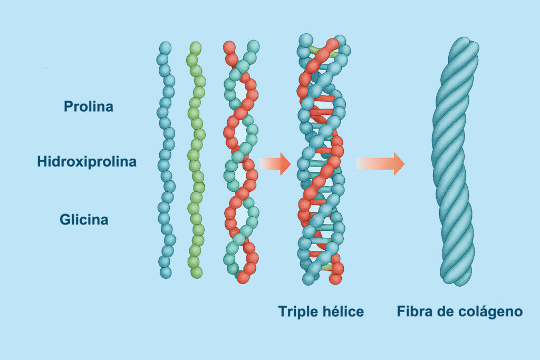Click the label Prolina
click(x=89, y=106)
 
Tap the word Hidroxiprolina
click(x=86, y=162)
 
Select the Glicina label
click(x=84, y=219)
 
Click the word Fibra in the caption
click(x=416, y=312)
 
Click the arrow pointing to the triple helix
click(x=275, y=163)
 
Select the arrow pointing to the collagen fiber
click(x=381, y=163)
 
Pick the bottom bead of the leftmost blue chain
click(x=166, y=273)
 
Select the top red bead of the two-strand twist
click(x=229, y=47)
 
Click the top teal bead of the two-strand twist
click(x=253, y=46)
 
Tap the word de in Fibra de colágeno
click(x=448, y=312)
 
